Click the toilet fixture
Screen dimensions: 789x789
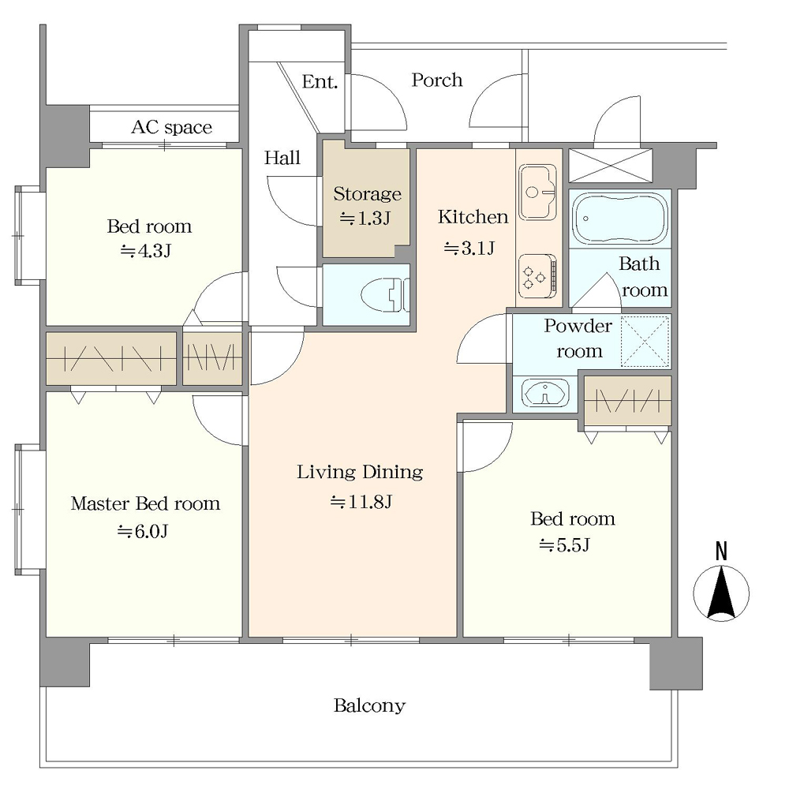(x=386, y=294)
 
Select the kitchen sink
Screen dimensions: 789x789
(x=538, y=193)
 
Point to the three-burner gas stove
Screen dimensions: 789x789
(x=538, y=275)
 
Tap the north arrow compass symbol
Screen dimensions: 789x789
(x=721, y=593)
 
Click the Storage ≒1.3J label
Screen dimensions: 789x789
(x=367, y=206)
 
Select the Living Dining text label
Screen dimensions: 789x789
(x=360, y=472)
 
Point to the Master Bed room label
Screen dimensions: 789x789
(x=145, y=503)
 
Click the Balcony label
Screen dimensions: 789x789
(x=369, y=705)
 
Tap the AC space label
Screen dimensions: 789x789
(x=171, y=127)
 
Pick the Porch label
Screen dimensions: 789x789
(x=437, y=80)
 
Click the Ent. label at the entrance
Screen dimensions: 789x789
(x=320, y=81)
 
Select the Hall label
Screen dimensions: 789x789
(x=282, y=158)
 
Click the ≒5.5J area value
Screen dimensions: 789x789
(x=564, y=545)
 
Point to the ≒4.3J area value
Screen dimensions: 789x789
(x=146, y=251)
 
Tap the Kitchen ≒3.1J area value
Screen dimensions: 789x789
(x=469, y=248)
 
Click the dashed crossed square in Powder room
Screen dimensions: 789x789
(x=645, y=341)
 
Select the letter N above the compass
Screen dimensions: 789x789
(x=721, y=552)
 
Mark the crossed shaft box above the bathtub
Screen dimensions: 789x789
(x=611, y=165)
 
